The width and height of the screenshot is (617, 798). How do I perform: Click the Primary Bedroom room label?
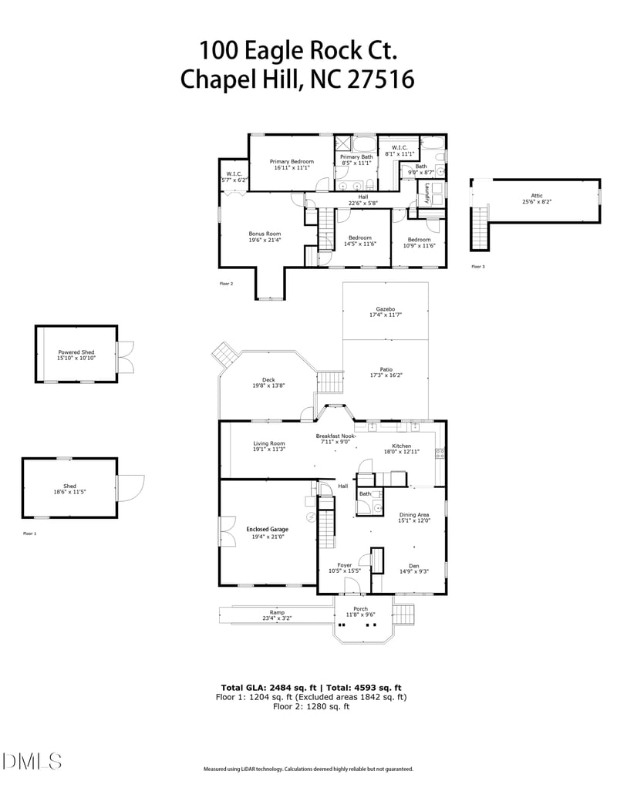tap(292, 161)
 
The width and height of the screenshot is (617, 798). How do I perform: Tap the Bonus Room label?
tap(264, 234)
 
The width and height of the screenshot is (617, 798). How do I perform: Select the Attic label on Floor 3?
tap(537, 196)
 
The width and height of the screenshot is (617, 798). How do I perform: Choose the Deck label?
tap(268, 379)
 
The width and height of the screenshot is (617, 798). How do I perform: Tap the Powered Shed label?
tap(76, 352)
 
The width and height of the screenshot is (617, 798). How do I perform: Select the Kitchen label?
tap(402, 446)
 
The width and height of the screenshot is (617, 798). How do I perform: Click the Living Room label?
tap(269, 443)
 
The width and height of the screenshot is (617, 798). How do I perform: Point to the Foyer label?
tap(345, 565)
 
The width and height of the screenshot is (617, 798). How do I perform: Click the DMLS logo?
tap(32, 762)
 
